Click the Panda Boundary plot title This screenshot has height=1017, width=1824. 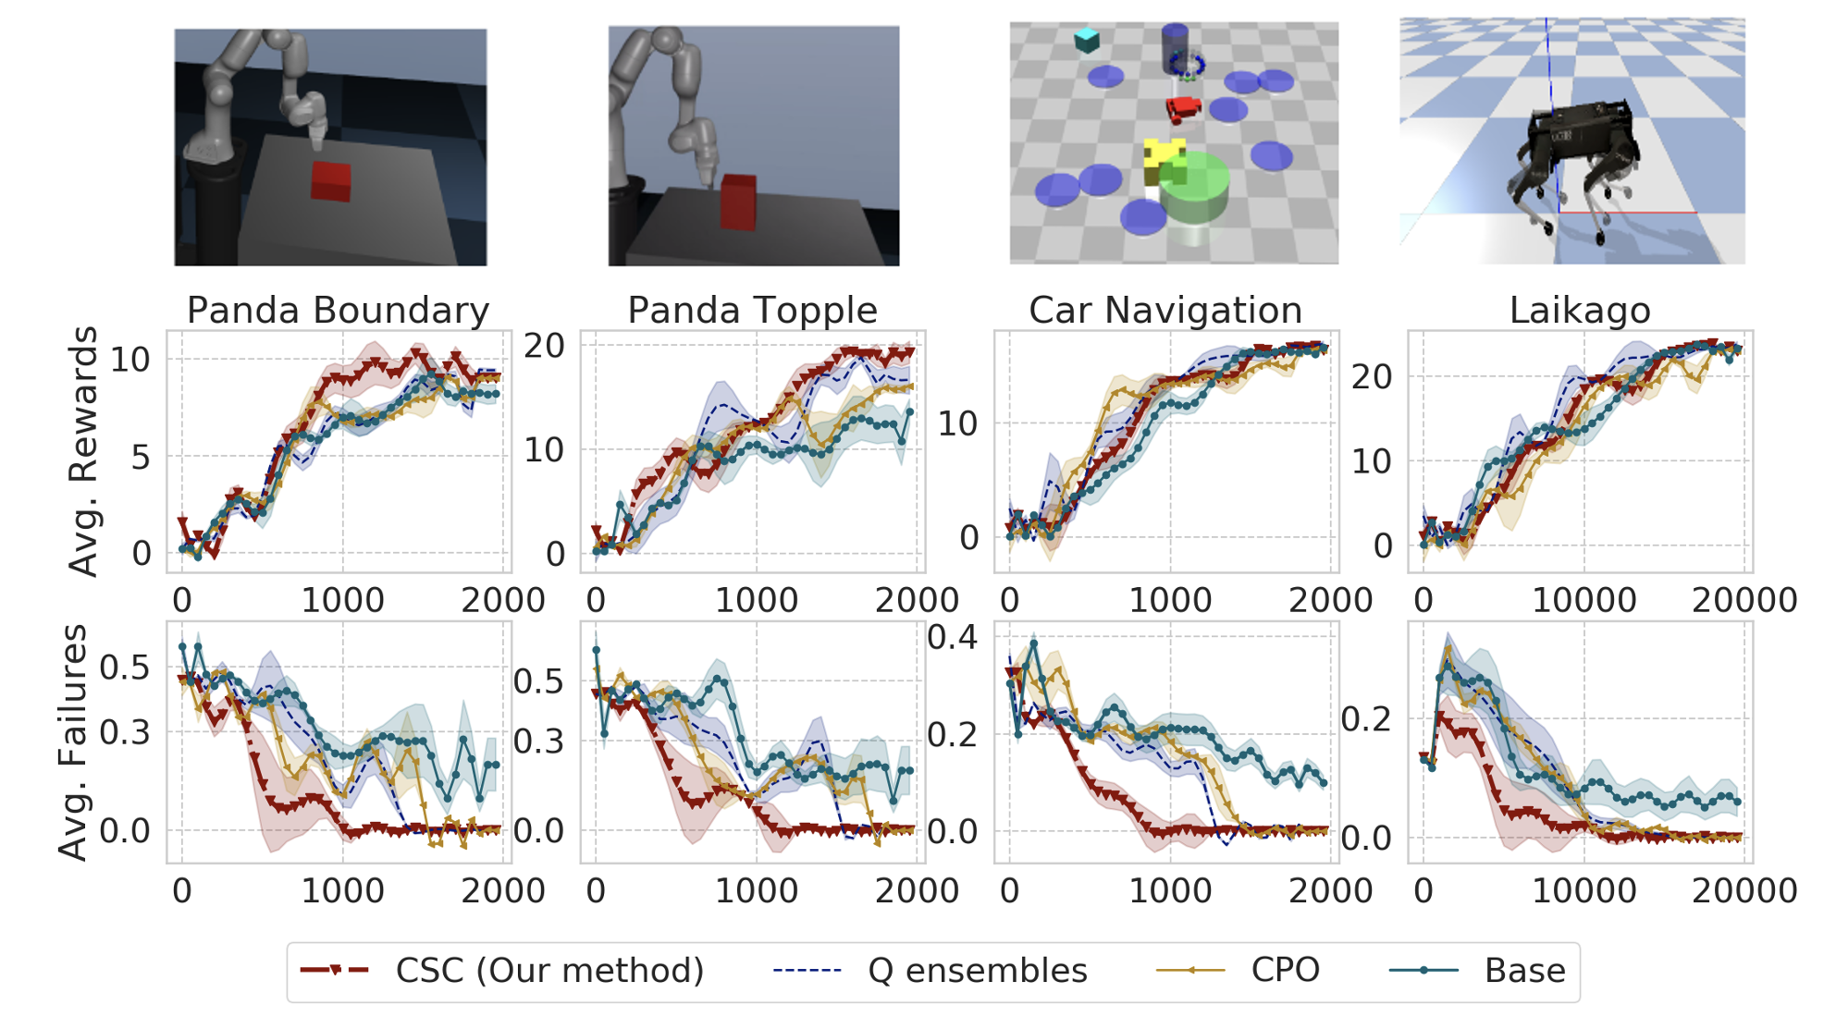[x=338, y=311]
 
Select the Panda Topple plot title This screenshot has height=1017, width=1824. [x=752, y=311]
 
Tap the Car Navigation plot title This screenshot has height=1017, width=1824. [x=1165, y=311]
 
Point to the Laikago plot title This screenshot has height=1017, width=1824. [x=1580, y=311]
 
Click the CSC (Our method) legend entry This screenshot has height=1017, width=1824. [x=502, y=970]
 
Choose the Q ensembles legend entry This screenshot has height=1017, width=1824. [x=930, y=970]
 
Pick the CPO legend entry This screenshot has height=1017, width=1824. [x=1239, y=970]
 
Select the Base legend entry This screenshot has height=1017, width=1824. [x=1478, y=970]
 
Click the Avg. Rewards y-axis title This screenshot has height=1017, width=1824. [x=83, y=451]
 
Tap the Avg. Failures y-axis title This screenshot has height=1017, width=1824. [x=73, y=742]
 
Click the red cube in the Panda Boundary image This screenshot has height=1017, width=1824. [x=330, y=181]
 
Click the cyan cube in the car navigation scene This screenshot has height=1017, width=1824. [x=1087, y=40]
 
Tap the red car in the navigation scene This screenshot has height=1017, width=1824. [x=1183, y=109]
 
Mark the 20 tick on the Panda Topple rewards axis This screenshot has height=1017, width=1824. [x=544, y=346]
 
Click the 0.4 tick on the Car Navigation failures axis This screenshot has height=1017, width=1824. [x=952, y=637]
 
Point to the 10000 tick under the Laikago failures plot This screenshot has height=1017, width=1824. [x=1584, y=890]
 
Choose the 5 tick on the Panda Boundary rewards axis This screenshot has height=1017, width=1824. [x=141, y=457]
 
